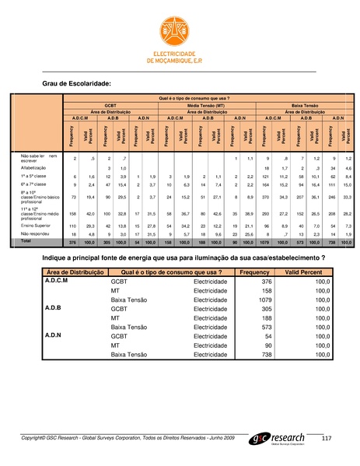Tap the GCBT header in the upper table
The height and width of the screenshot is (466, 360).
tap(104, 103)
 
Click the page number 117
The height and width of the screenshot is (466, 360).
tap(326, 436)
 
